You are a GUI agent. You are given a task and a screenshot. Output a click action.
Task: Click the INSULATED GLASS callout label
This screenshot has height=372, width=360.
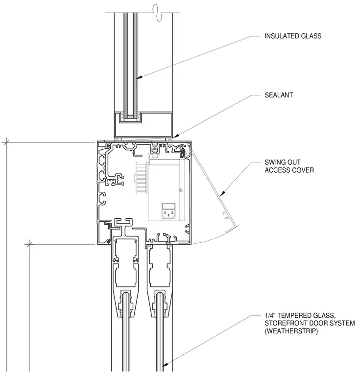tap(293, 36)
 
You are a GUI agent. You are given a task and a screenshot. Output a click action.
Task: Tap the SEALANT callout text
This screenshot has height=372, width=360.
tap(279, 95)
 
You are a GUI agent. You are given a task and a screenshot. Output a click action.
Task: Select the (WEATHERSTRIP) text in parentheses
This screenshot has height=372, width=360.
tap(291, 331)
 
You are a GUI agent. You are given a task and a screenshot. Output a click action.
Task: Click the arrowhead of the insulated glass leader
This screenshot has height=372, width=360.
tap(139, 77)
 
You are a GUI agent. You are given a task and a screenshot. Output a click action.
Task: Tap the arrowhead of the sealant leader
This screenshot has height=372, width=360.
tap(176, 136)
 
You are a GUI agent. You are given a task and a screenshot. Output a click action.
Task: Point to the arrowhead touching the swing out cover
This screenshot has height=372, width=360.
tap(222, 194)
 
